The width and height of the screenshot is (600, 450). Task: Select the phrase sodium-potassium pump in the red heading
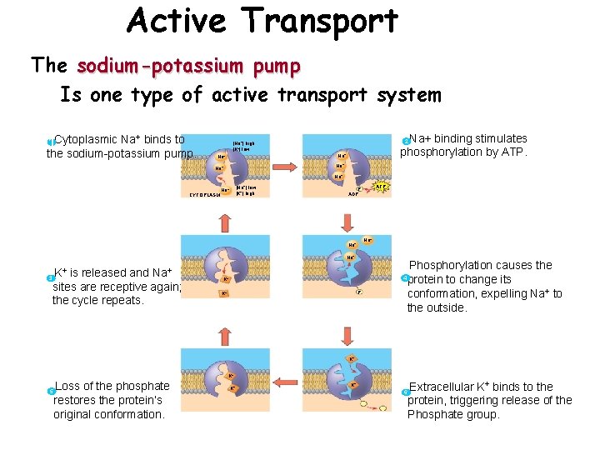[188, 65]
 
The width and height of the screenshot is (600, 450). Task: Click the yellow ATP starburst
[381, 186]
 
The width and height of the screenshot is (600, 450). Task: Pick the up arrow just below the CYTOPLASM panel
[223, 222]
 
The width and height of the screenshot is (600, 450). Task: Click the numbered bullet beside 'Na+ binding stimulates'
[405, 140]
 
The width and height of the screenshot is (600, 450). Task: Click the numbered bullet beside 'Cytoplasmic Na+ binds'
[51, 141]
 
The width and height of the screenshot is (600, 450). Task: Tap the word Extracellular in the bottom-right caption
[441, 387]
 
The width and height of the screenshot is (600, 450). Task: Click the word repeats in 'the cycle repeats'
[122, 301]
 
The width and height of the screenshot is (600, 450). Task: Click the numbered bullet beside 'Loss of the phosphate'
[51, 391]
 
